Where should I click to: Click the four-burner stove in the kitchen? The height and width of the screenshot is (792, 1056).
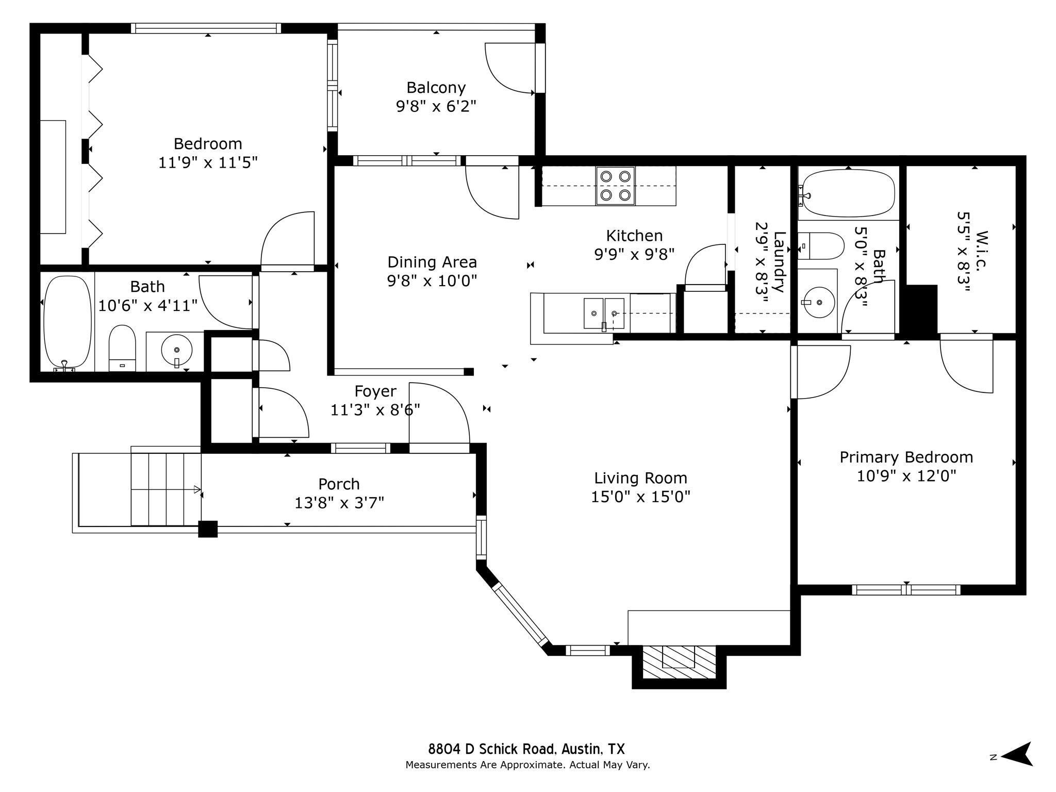point(616,186)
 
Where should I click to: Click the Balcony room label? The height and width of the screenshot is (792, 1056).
point(436,87)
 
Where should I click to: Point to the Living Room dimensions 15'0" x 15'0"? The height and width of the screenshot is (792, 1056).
point(640,497)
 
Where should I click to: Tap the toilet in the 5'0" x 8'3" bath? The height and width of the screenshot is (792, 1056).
point(821,246)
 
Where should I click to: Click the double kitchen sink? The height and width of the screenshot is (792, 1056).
point(604,313)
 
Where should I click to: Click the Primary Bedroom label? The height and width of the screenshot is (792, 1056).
point(906,457)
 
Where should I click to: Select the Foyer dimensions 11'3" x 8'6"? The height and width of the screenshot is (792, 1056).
point(375,410)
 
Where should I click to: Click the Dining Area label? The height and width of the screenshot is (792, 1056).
point(432,262)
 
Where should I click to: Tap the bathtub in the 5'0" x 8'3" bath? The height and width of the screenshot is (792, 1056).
point(847,194)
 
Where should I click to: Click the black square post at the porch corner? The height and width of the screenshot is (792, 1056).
point(208,529)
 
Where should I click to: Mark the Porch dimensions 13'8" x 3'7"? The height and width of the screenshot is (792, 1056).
point(339,503)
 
